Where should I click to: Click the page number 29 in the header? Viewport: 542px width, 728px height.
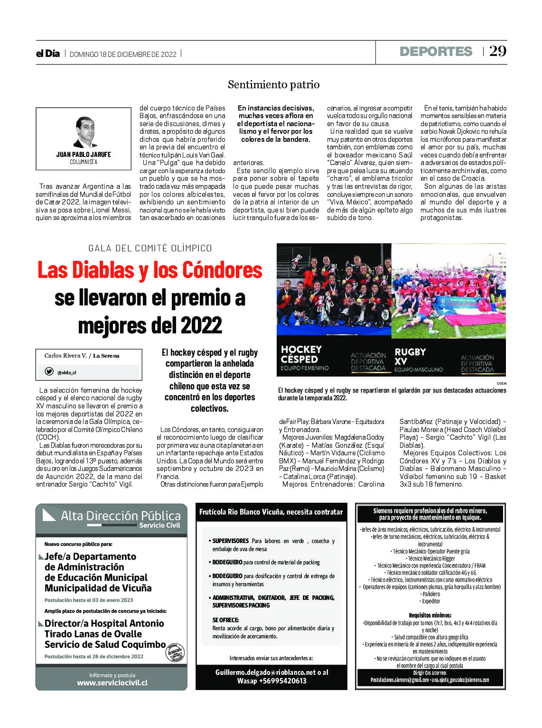tap(498, 51)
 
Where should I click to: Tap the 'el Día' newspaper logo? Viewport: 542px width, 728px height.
tap(48, 54)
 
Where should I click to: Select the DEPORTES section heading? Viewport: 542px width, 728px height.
tap(436, 52)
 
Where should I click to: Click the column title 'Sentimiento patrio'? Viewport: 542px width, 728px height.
tap(273, 84)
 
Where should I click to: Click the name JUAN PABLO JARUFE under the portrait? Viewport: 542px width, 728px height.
tap(84, 155)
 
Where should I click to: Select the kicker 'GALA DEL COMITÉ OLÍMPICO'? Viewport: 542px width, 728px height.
tap(150, 248)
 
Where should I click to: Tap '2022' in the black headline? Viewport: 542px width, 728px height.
tap(201, 326)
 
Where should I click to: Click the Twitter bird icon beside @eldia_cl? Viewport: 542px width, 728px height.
tap(49, 372)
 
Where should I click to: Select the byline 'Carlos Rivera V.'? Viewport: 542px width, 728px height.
tap(65, 356)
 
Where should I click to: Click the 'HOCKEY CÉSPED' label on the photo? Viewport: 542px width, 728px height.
tap(301, 354)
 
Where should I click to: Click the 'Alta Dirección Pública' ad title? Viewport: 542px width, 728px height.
tap(121, 516)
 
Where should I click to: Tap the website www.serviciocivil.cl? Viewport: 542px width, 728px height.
tap(112, 683)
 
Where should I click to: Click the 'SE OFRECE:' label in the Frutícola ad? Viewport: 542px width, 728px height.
tap(225, 620)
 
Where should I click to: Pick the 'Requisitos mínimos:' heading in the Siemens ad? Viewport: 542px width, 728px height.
tap(430, 615)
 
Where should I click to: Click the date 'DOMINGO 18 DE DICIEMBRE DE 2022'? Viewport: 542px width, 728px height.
tap(123, 55)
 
